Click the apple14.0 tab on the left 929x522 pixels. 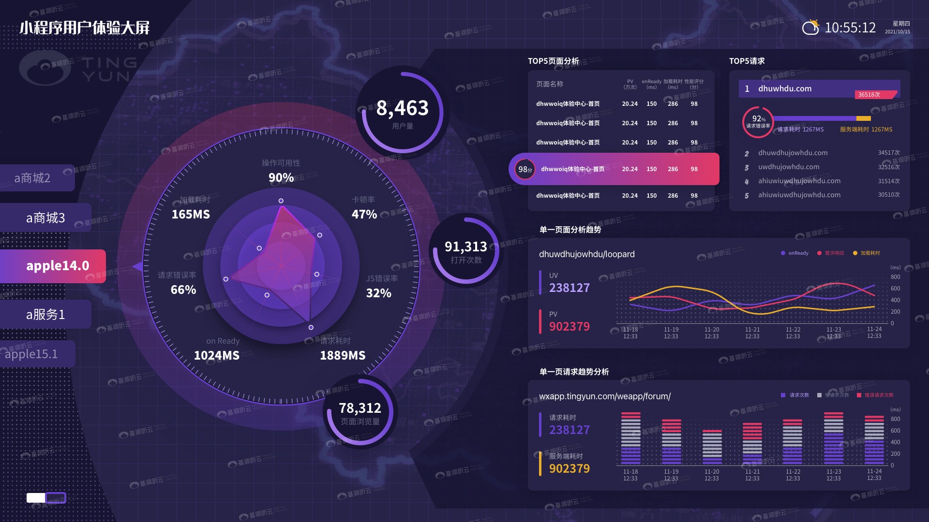57,266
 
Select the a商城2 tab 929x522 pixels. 32,178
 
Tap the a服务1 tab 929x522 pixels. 45,315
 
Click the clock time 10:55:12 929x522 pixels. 850,28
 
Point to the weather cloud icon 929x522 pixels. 810,28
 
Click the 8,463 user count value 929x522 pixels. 403,108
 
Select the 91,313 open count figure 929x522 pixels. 466,247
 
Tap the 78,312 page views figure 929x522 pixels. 360,408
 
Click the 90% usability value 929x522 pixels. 281,178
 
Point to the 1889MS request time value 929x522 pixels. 343,356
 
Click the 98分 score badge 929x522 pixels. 525,169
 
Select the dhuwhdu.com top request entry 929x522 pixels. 785,89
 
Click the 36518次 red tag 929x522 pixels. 869,95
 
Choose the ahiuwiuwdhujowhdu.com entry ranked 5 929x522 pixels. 799,195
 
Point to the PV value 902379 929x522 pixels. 569,327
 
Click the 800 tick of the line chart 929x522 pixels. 896,277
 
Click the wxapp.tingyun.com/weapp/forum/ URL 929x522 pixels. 605,396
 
